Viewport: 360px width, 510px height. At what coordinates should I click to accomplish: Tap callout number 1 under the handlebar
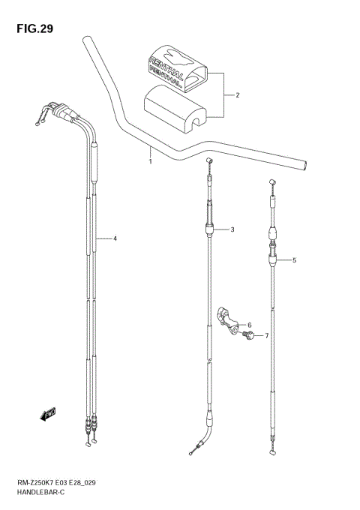pyautogui.click(x=150, y=160)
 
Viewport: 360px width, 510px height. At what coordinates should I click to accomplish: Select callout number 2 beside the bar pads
pyautogui.click(x=237, y=96)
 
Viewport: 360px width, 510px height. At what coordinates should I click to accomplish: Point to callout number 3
pyautogui.click(x=232, y=229)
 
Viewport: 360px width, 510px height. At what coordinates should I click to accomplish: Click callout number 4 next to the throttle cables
pyautogui.click(x=115, y=238)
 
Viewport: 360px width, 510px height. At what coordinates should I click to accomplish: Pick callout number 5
pyautogui.click(x=294, y=260)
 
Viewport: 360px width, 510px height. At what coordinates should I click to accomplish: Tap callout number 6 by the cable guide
pyautogui.click(x=248, y=325)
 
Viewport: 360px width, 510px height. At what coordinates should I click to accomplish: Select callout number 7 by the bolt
pyautogui.click(x=265, y=336)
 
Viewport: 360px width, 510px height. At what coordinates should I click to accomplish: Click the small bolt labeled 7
pyautogui.click(x=247, y=335)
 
